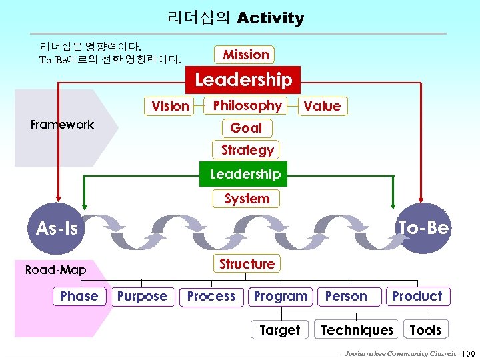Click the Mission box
pyautogui.click(x=246, y=55)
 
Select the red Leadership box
pyautogui.click(x=243, y=80)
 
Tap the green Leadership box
pyautogui.click(x=245, y=174)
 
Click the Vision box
pyautogui.click(x=170, y=105)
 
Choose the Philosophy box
pyautogui.click(x=247, y=105)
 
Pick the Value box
pyautogui.click(x=322, y=106)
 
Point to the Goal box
pyautogui.click(x=246, y=128)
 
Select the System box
pyautogui.click(x=247, y=199)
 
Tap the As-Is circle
pyautogui.click(x=57, y=229)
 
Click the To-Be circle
pyautogui.click(x=423, y=228)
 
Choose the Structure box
pyautogui.click(x=247, y=264)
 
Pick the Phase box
pyautogui.click(x=79, y=296)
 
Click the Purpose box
pyautogui.click(x=142, y=297)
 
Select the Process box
pyautogui.click(x=211, y=297)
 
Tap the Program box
pyautogui.click(x=281, y=297)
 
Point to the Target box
pyautogui.click(x=279, y=330)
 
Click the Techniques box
pyautogui.click(x=357, y=330)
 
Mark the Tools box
pyautogui.click(x=425, y=330)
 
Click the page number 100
pyautogui.click(x=467, y=353)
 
